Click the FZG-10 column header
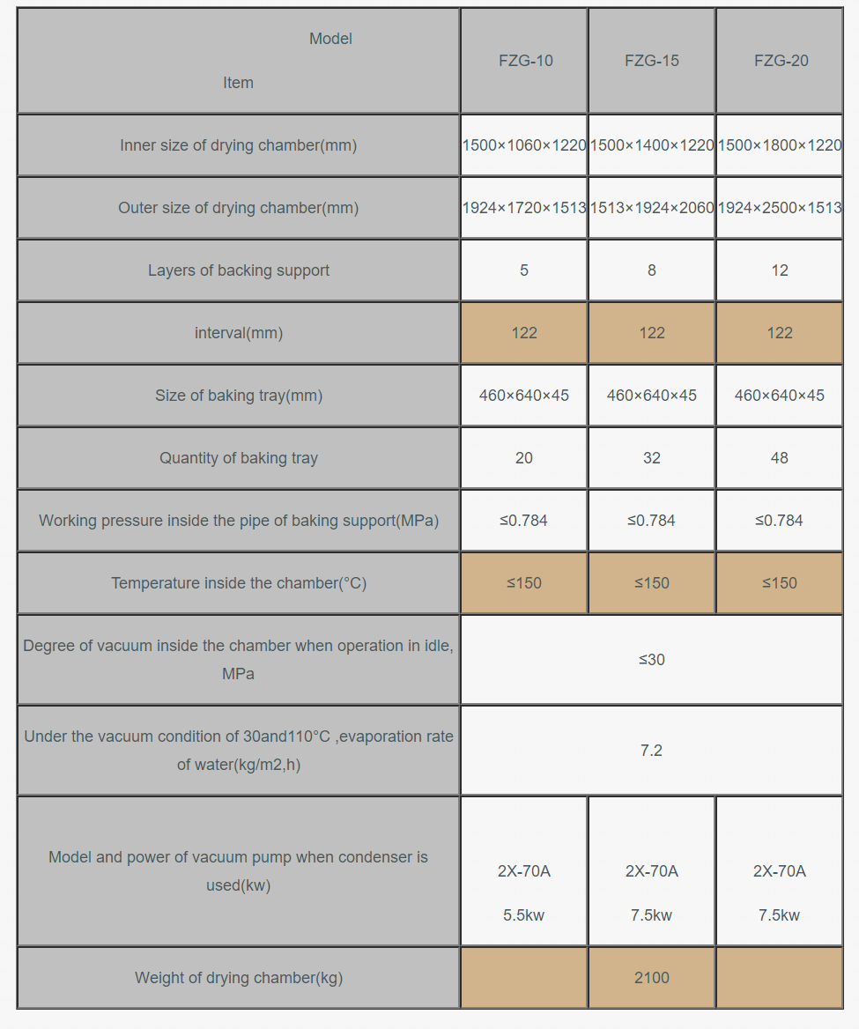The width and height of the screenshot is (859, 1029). tap(525, 61)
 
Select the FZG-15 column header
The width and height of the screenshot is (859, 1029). tap(652, 61)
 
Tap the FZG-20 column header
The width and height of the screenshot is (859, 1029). tap(781, 61)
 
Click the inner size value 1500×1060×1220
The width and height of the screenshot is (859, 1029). tap(524, 145)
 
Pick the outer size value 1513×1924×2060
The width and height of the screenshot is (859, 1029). tap(652, 208)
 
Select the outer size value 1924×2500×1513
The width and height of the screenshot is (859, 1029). tap(780, 208)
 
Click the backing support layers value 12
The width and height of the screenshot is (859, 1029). tap(780, 270)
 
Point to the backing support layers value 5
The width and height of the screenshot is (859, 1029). tap(524, 270)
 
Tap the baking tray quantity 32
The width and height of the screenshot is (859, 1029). tap(652, 458)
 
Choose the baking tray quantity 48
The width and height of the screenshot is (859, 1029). tap(780, 458)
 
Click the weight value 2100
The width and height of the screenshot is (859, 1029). tap(652, 978)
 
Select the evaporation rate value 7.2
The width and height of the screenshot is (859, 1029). tap(652, 751)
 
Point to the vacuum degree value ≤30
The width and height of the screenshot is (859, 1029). tap(652, 660)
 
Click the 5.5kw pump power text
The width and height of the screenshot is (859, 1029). tap(524, 915)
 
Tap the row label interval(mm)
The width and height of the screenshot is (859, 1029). tap(239, 333)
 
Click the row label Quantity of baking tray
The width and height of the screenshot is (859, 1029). tap(239, 458)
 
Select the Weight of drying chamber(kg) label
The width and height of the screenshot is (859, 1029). tap(239, 978)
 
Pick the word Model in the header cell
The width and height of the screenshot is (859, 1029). tap(330, 39)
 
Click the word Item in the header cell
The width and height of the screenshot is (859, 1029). tap(238, 83)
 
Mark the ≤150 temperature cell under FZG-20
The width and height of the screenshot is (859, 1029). tap(780, 583)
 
